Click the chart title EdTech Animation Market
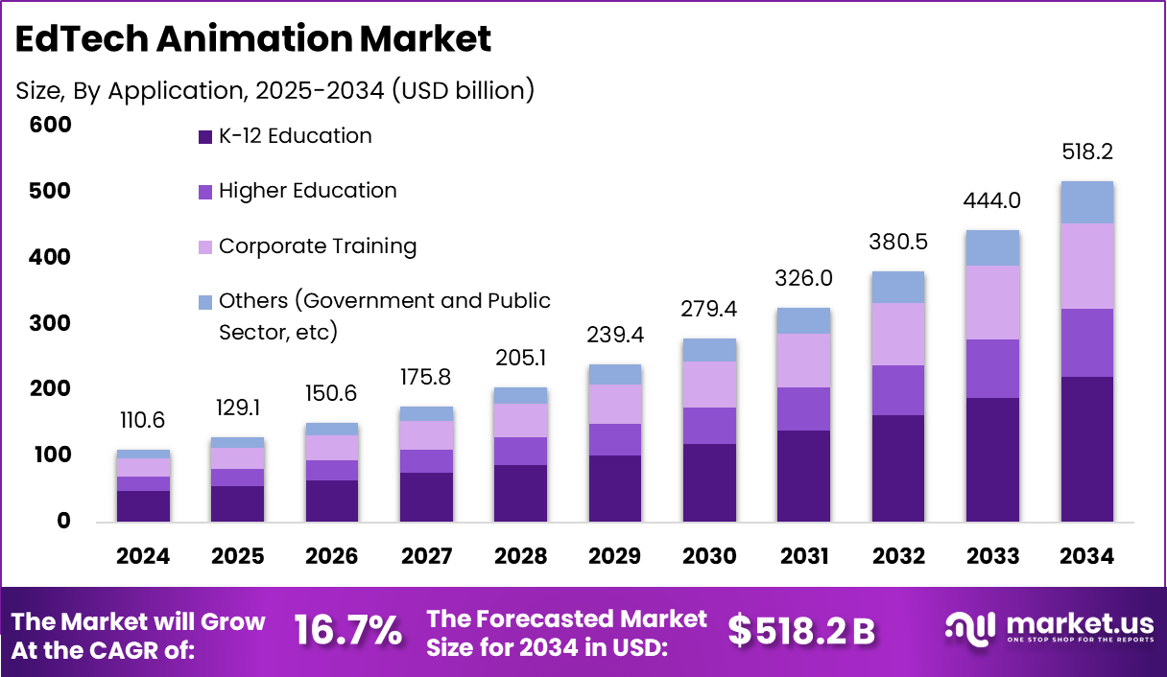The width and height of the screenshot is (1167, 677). (x=254, y=39)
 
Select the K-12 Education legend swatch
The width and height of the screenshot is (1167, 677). (x=204, y=137)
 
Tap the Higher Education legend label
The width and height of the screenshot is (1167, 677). (x=307, y=191)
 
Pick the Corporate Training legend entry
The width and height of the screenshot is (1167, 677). (x=317, y=246)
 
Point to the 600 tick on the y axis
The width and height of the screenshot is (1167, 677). (x=50, y=125)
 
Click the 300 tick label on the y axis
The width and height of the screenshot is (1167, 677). (x=50, y=323)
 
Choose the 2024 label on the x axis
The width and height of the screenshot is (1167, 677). (x=143, y=557)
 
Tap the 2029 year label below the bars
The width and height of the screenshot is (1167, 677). (x=615, y=557)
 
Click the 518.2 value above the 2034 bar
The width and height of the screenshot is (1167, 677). (x=1086, y=152)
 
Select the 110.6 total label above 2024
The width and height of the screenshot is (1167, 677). (x=143, y=420)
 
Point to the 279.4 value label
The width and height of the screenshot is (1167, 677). (x=709, y=309)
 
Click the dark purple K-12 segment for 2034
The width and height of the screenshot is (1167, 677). (x=1086, y=449)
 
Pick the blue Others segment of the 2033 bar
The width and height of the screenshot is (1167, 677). (x=992, y=247)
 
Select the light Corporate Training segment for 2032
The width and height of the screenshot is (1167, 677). (x=898, y=334)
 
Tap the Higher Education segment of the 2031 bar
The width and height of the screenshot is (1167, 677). (x=803, y=409)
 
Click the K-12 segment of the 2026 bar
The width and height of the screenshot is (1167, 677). (x=332, y=501)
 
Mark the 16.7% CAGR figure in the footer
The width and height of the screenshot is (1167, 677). (x=347, y=631)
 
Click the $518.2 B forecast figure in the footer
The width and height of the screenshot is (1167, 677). (x=801, y=631)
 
